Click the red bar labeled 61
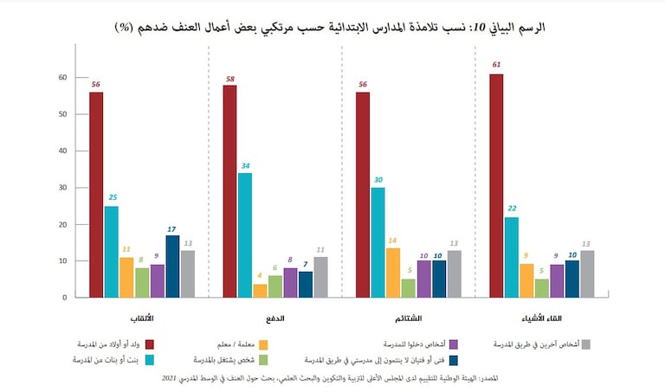495,185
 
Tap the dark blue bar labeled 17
172,266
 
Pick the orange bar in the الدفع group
260,290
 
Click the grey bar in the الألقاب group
188,273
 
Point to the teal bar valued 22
511,256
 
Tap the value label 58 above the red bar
229,79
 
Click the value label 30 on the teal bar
378,181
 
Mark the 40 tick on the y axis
61,151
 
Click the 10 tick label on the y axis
61,260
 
